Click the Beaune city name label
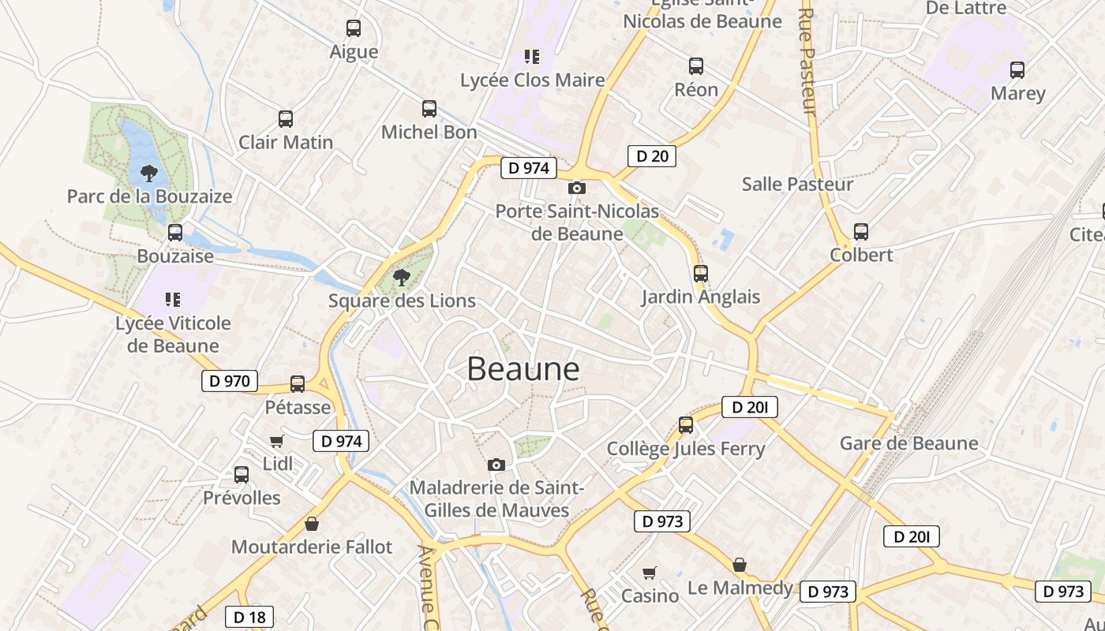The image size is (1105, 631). point(523,369)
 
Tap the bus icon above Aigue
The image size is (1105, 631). point(354,28)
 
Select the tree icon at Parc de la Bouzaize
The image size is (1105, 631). point(148,173)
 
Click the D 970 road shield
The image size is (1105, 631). point(230,382)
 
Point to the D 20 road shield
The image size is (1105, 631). point(652,156)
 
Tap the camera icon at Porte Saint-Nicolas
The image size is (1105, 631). point(577,188)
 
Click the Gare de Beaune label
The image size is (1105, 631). point(908,443)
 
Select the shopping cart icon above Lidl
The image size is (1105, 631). point(276,441)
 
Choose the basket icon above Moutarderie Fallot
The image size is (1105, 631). point(312,524)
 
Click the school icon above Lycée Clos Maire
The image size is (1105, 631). point(532,57)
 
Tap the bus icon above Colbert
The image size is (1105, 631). point(861,232)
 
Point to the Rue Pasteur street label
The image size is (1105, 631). point(809,62)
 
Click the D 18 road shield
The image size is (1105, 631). point(249,617)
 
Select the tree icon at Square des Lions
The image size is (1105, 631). point(402,277)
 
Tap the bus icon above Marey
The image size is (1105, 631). point(1017,69)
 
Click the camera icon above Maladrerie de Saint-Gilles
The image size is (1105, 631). point(496,465)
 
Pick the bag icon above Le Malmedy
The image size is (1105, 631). point(740,565)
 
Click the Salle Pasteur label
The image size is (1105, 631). point(797,185)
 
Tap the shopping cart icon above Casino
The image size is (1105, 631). point(650,573)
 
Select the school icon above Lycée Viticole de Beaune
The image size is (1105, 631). point(173,300)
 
